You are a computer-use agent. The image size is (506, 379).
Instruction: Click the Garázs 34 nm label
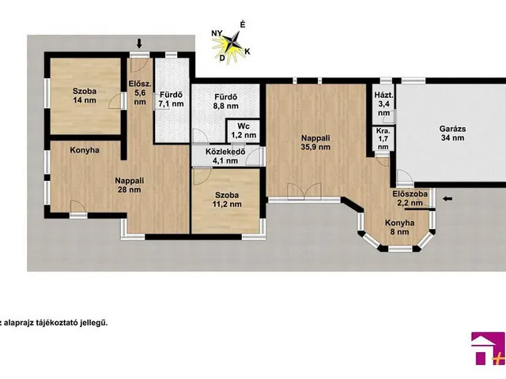click(x=452, y=133)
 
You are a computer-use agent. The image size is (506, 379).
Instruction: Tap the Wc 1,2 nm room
click(x=244, y=131)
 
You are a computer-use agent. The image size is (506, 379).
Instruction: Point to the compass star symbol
click(x=232, y=43)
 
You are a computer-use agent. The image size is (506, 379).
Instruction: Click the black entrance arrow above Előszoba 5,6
click(x=139, y=43)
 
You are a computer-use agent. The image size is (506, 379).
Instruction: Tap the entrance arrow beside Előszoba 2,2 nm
click(x=447, y=199)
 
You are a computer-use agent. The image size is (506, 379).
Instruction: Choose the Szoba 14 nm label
click(x=85, y=96)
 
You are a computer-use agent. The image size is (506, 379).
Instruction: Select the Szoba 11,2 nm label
click(x=227, y=200)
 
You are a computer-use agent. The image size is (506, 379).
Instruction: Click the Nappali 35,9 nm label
click(x=315, y=142)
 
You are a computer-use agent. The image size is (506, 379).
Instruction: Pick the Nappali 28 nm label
click(x=130, y=185)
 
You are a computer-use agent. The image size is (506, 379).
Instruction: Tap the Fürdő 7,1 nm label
click(x=172, y=99)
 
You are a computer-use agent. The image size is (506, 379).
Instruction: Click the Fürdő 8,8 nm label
click(x=226, y=101)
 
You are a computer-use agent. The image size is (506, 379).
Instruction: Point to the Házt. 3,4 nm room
click(x=383, y=103)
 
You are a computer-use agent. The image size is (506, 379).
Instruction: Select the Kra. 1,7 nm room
click(x=383, y=139)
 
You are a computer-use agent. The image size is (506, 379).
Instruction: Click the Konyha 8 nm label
click(x=399, y=227)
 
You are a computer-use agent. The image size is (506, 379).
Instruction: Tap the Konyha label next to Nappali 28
click(x=85, y=151)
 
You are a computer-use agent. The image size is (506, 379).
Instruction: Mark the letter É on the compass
click(x=243, y=24)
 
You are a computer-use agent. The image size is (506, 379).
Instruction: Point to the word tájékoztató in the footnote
click(x=71, y=323)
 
